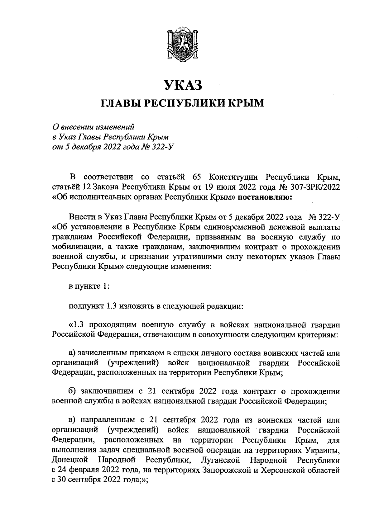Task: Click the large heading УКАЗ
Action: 183,85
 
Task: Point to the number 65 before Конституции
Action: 198,177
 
